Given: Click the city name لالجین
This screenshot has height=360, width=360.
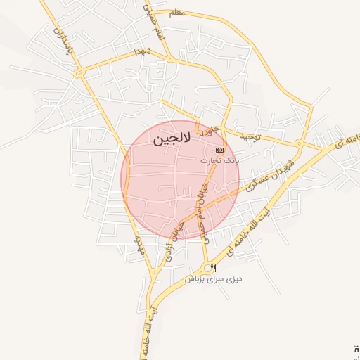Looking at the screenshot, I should coord(170,139).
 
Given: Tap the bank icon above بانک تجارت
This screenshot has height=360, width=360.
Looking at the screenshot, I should coord(220,150).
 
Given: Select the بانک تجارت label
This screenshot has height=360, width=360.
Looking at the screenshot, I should coord(220,160).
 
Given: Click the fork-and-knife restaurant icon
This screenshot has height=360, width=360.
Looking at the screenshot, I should coord(214,268).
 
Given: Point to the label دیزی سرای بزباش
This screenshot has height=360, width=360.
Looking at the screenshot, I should coord(214,278).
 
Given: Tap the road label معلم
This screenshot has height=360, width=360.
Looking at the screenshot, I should coord(177,13).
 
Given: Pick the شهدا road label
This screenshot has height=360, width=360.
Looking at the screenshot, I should coord(143,52).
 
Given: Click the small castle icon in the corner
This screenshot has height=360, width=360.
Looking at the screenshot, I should coord(355,349).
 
